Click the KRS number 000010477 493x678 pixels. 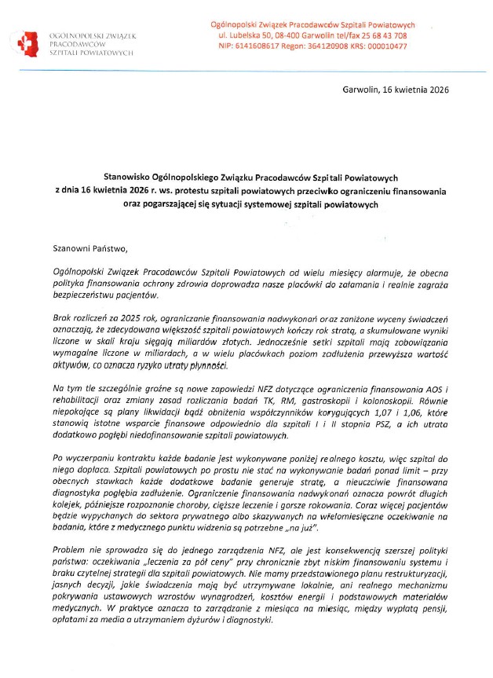385,46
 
